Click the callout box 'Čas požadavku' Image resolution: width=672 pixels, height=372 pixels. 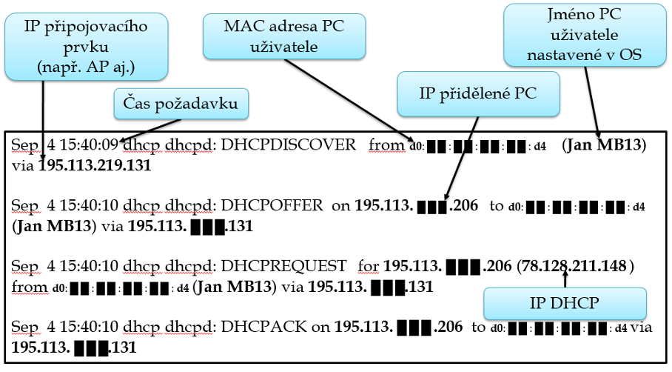[x=181, y=104]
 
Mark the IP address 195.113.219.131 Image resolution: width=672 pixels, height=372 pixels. [x=94, y=165]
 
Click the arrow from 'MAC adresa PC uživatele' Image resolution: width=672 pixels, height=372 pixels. [x=346, y=99]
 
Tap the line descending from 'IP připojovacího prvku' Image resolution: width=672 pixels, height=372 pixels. [x=44, y=119]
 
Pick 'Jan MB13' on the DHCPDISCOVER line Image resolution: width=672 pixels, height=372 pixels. [x=604, y=145]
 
